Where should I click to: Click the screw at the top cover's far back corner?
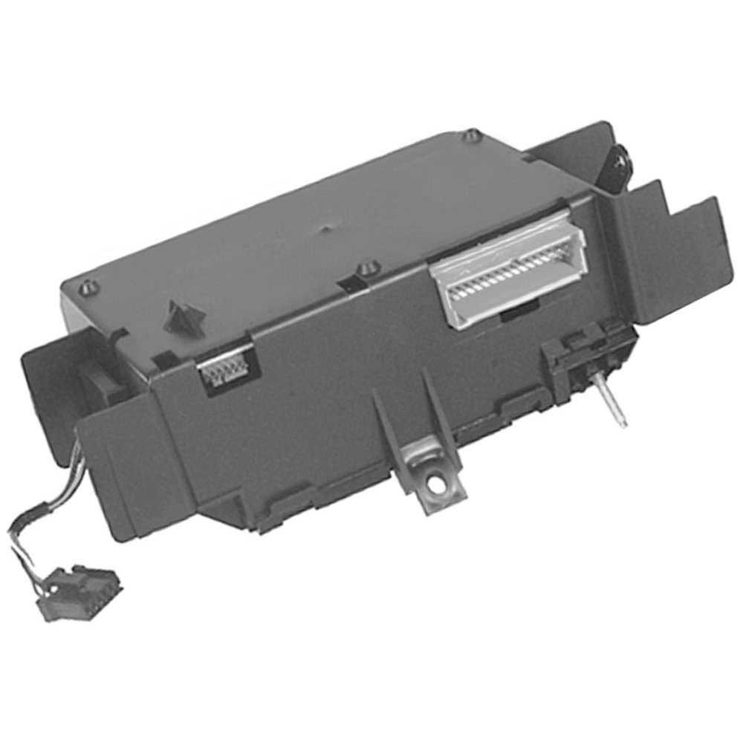[473, 136]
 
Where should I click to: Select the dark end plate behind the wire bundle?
[52, 386]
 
